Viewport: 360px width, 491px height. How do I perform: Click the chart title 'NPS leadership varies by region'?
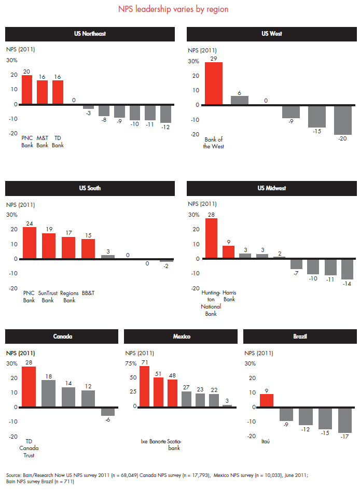tap(180, 9)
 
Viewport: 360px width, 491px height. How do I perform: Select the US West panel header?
tap(272, 34)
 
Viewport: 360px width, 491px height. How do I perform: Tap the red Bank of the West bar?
tap(214, 83)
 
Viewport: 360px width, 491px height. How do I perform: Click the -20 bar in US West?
tap(342, 120)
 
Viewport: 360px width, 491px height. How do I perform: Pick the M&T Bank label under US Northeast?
tap(42, 142)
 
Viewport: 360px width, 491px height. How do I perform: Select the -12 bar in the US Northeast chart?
tap(165, 114)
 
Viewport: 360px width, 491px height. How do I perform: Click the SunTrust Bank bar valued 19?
tap(49, 246)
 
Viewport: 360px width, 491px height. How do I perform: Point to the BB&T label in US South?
tap(88, 293)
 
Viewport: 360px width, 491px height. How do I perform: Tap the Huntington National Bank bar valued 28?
tap(212, 239)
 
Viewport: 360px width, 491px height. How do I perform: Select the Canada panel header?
tap(62, 336)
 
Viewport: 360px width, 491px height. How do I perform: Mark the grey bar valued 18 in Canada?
tap(48, 394)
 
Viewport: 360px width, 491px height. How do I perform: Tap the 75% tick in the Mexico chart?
tap(131, 363)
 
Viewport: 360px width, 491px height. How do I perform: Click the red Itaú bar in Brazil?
tap(266, 400)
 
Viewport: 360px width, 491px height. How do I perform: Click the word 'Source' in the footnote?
tap(14, 475)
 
